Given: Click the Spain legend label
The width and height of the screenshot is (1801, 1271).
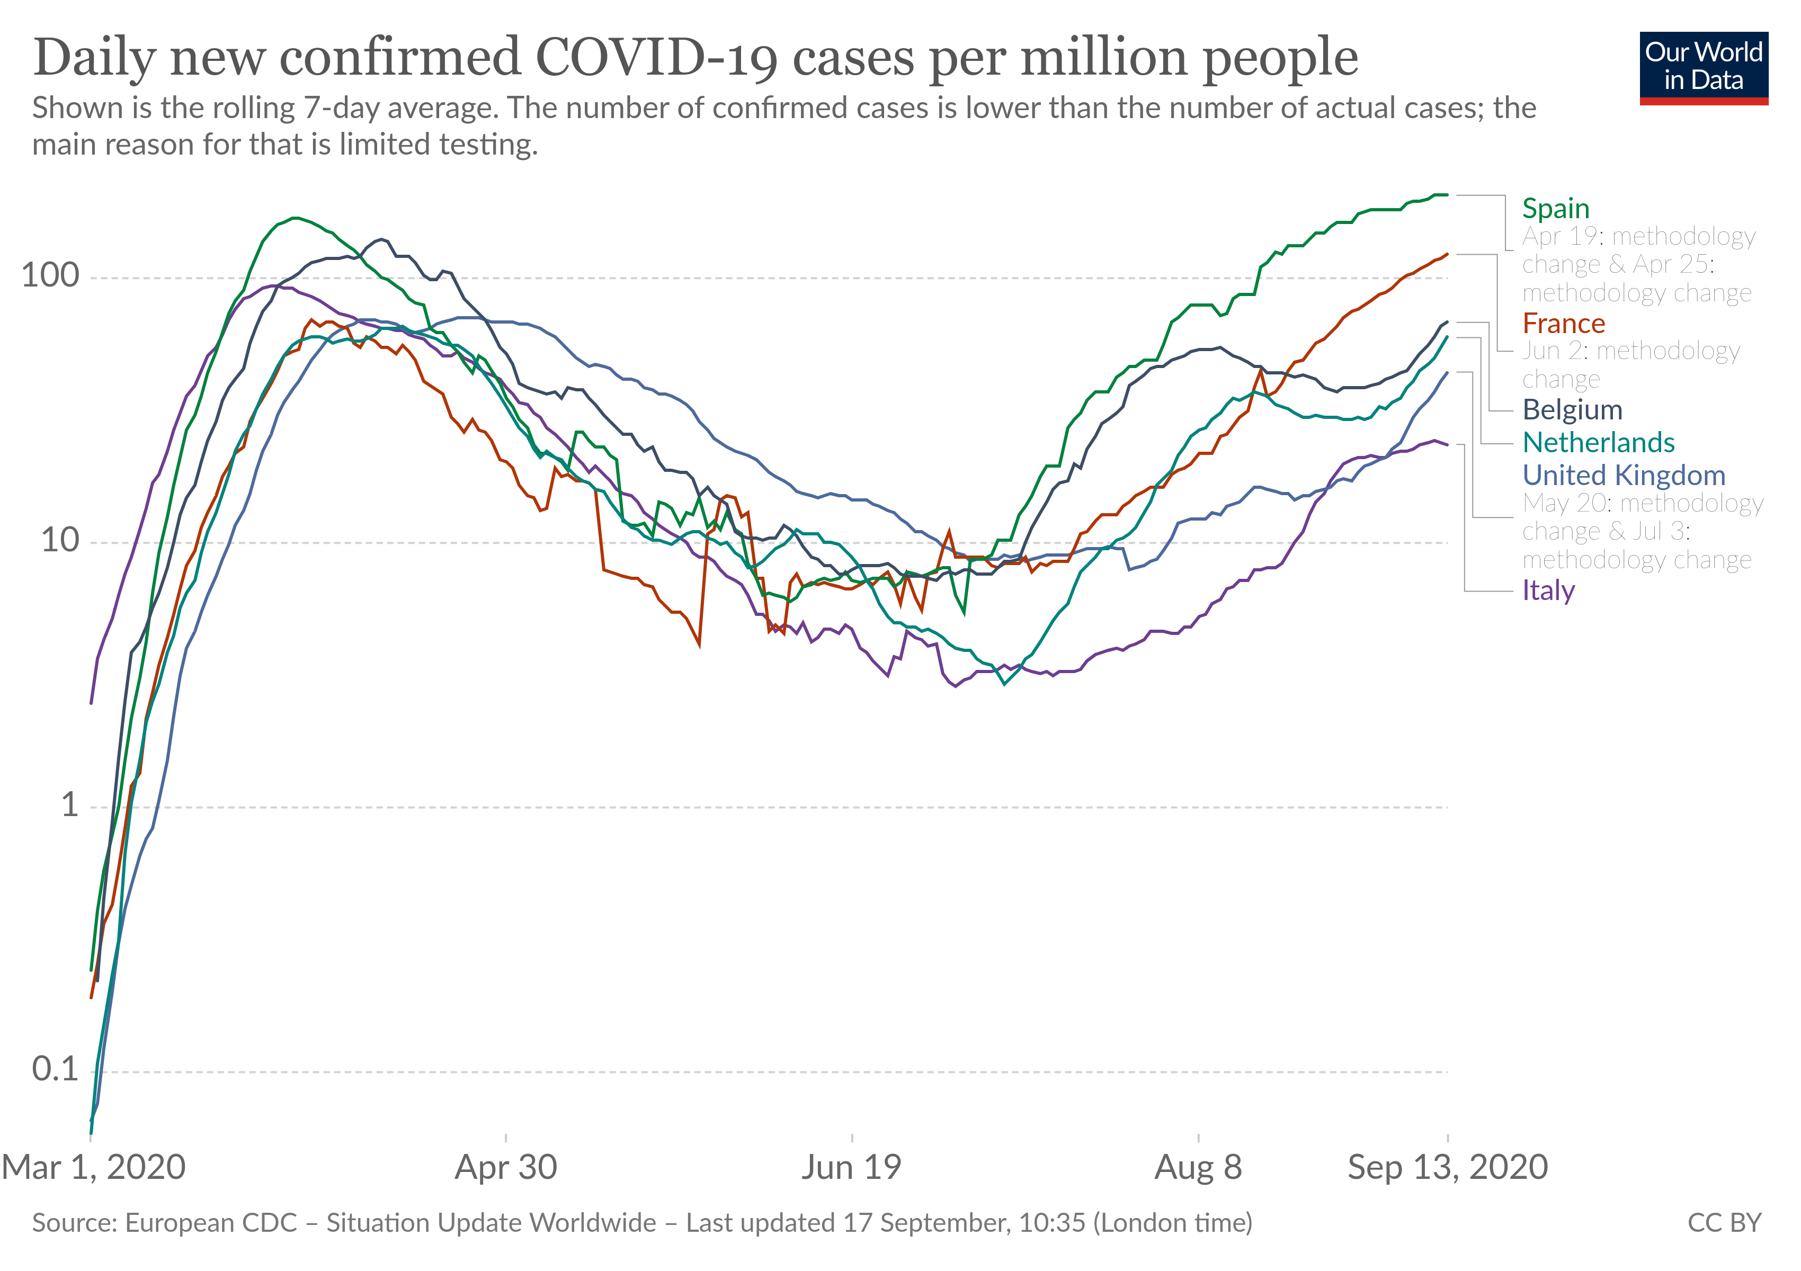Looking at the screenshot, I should coord(1555,209).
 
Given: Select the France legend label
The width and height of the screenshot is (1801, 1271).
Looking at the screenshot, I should coord(1563,324).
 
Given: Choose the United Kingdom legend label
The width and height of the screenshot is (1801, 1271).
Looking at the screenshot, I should coord(1623,476).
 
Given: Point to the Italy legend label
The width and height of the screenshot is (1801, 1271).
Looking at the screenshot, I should coord(1548,590).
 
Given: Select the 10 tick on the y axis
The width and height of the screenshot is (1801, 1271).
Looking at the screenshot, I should coord(60,541).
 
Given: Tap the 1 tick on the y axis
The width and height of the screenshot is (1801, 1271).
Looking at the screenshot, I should coord(70,805).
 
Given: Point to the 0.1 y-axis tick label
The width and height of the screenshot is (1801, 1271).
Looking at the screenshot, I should coord(56,1069).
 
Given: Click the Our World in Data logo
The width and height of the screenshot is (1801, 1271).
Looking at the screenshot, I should coord(1703,67).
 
